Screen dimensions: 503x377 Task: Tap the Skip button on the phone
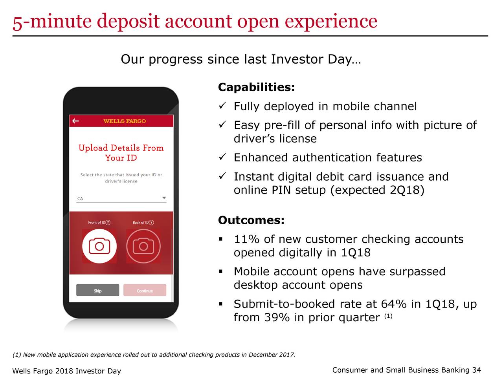click(x=97, y=290)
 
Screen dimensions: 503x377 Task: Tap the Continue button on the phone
click(x=145, y=290)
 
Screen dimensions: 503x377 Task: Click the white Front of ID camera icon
click(x=99, y=246)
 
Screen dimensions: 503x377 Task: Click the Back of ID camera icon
click(x=143, y=246)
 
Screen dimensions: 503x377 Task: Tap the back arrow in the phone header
click(x=75, y=121)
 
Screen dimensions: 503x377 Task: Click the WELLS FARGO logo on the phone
click(x=125, y=121)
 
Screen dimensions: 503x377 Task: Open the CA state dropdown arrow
click(x=164, y=198)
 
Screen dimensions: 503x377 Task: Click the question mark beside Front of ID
click(x=108, y=222)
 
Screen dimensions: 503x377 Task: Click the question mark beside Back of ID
click(x=151, y=222)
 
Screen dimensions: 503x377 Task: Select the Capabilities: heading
click(x=257, y=87)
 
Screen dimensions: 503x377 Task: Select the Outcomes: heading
click(x=251, y=220)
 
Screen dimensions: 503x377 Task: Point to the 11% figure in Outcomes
click(x=246, y=239)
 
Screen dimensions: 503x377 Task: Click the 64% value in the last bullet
click(x=393, y=304)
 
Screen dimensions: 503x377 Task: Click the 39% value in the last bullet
click(x=277, y=317)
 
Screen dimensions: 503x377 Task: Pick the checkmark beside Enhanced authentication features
click(x=222, y=157)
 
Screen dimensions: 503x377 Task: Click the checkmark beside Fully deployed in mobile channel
click(x=222, y=106)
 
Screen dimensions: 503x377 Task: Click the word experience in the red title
click(x=331, y=22)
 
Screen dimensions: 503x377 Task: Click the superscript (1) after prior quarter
click(x=388, y=316)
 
